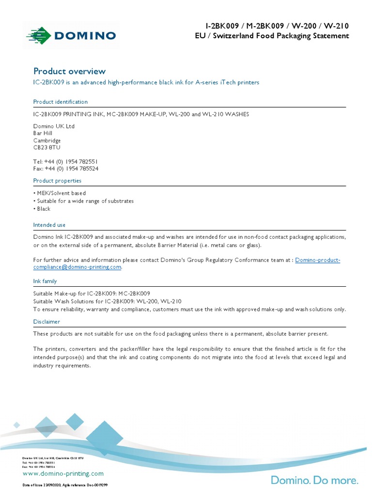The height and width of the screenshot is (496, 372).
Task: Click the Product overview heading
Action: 69,71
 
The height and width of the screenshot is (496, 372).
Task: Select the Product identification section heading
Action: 61,102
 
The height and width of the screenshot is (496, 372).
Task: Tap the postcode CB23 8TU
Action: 47,147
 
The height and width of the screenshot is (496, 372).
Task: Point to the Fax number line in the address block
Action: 66,169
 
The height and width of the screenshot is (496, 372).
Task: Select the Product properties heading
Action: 57,181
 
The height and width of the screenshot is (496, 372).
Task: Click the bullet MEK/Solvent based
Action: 60,193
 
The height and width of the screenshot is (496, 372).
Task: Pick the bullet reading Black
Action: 42,209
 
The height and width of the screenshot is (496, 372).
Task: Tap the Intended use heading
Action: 49,225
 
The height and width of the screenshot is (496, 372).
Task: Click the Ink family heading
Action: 45,281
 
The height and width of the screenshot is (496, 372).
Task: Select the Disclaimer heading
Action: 46,322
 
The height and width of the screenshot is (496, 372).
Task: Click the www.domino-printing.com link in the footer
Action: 63,473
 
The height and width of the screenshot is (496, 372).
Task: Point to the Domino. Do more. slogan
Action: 314,480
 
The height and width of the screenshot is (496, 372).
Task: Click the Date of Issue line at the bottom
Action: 65,485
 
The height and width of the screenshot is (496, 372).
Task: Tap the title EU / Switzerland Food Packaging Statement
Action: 268,36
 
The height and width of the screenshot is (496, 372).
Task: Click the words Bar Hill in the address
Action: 43,133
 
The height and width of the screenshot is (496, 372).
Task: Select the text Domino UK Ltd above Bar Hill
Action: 54,126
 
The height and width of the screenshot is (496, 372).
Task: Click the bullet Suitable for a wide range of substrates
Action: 83,201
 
